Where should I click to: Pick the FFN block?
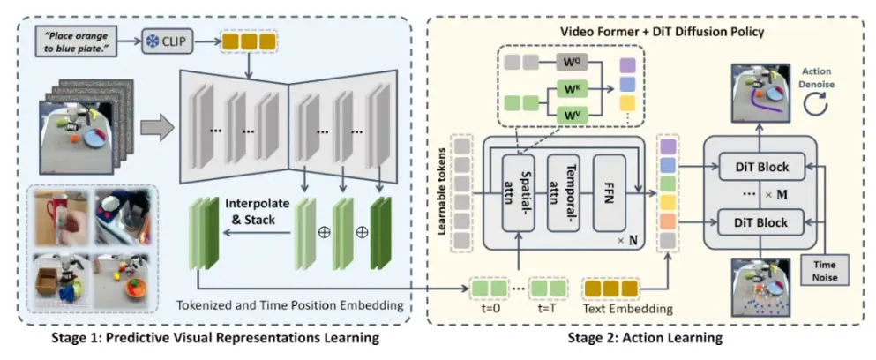tap(609, 193)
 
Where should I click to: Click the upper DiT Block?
tap(761, 166)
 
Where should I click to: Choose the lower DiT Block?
tap(761, 222)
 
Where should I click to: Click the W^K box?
tap(571, 90)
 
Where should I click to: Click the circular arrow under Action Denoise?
tap(819, 103)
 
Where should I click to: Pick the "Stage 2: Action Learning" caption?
tap(645, 337)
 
